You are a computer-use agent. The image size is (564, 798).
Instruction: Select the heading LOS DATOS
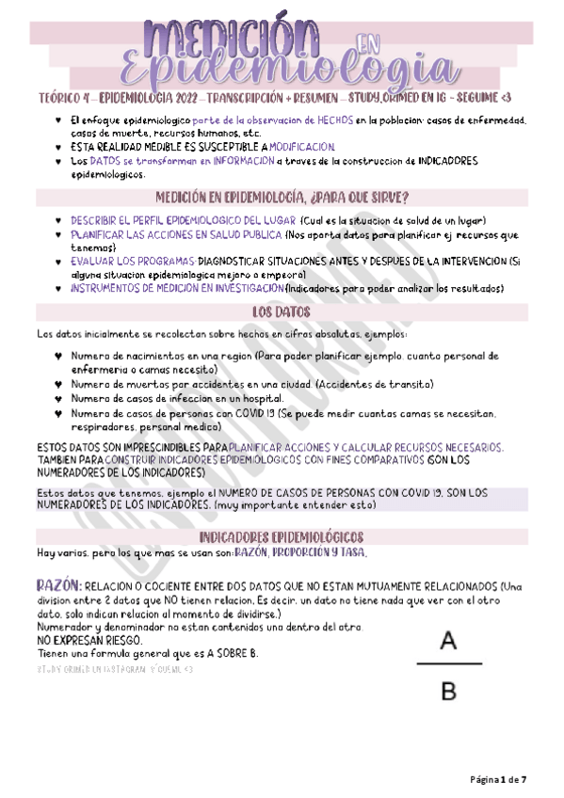[281, 311]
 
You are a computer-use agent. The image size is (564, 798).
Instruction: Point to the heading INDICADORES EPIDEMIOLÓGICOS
[281, 536]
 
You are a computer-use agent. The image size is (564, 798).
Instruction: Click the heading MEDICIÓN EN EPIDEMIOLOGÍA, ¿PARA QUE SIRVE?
[281, 197]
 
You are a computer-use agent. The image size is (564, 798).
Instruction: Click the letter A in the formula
[448, 642]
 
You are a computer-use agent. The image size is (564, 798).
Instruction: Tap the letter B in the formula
[448, 692]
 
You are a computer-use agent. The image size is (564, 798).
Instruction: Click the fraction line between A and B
[448, 665]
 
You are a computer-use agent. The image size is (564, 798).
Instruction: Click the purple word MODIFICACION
[301, 147]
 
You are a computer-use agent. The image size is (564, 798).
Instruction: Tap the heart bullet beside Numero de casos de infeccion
[58, 398]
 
